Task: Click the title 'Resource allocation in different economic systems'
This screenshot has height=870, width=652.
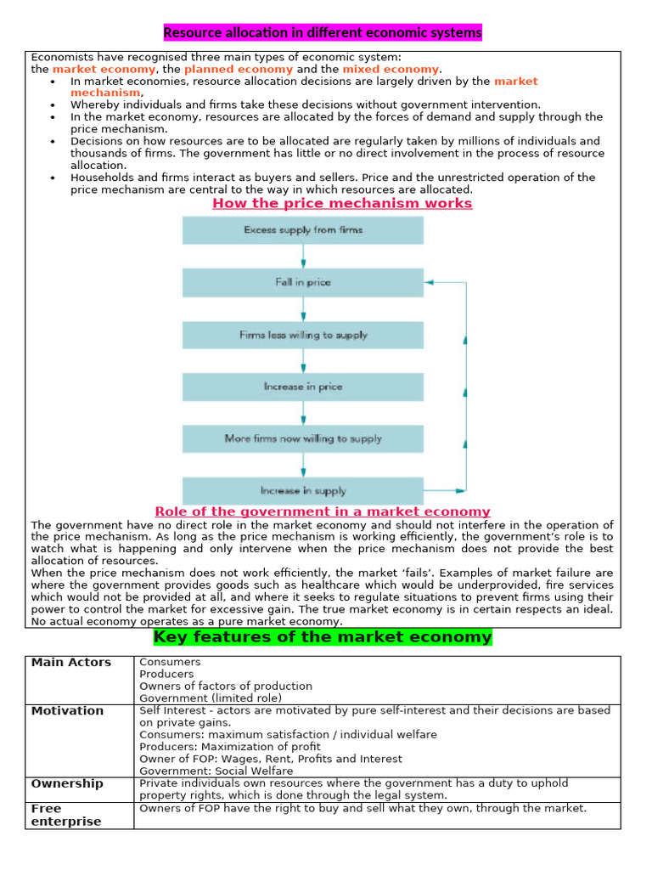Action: (x=323, y=33)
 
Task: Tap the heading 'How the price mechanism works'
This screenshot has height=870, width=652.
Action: (x=342, y=204)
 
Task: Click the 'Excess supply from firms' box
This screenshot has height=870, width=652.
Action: (x=303, y=230)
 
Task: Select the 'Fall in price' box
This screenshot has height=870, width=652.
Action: (x=303, y=282)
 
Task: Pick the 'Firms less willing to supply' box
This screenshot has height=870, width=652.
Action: (x=303, y=335)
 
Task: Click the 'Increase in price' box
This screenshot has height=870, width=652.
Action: (x=303, y=387)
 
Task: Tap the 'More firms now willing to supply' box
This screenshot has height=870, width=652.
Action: (x=303, y=438)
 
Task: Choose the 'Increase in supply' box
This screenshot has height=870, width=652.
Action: (x=303, y=490)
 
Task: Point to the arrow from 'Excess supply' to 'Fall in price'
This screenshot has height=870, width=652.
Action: (x=303, y=257)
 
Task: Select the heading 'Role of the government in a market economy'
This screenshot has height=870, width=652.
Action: (x=323, y=511)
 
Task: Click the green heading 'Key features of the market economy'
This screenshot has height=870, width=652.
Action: (x=323, y=637)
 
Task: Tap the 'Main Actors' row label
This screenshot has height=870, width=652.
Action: (x=71, y=663)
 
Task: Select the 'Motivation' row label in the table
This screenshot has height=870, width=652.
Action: (x=68, y=711)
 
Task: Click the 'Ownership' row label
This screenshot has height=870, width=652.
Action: (x=67, y=783)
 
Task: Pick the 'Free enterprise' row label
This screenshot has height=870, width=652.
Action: (x=66, y=815)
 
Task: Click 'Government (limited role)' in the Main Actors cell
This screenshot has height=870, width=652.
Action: (x=211, y=698)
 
